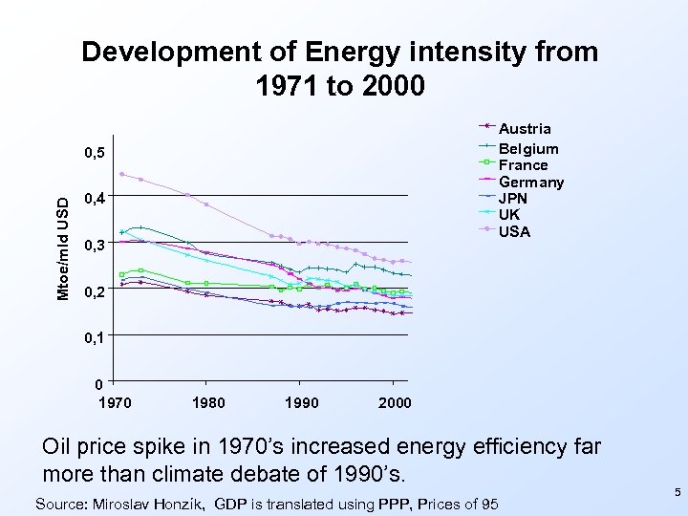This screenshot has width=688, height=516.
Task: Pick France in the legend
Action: (x=524, y=164)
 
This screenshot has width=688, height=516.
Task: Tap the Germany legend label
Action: (x=532, y=182)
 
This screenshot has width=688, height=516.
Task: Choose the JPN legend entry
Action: (x=516, y=199)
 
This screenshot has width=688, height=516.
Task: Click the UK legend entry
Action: (x=511, y=215)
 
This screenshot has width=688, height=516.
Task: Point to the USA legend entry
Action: (x=515, y=231)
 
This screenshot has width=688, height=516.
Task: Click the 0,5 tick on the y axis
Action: (x=94, y=153)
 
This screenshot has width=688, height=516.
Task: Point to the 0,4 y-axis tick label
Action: (x=94, y=199)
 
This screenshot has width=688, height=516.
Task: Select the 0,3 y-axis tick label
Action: (x=94, y=246)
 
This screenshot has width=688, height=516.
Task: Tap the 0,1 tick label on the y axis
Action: (x=94, y=337)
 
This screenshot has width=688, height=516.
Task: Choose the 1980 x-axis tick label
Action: (x=208, y=402)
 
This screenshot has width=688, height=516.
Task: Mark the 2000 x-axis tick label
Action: (x=393, y=402)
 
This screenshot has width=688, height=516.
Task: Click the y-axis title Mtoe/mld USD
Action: (x=62, y=247)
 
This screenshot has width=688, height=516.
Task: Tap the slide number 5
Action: (x=677, y=492)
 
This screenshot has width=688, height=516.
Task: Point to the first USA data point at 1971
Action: (x=122, y=174)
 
